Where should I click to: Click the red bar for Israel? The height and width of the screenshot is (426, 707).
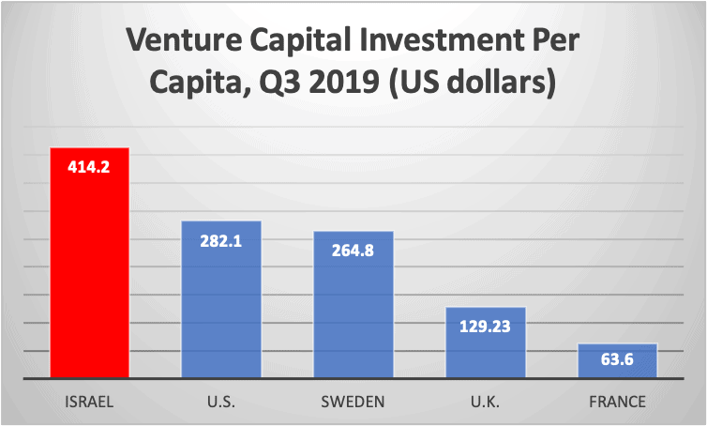coord(89,272)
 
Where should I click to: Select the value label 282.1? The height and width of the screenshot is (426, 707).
coord(221,240)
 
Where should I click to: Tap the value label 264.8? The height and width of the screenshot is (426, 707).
coord(353,251)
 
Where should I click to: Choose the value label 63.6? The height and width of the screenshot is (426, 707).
coord(617,362)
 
